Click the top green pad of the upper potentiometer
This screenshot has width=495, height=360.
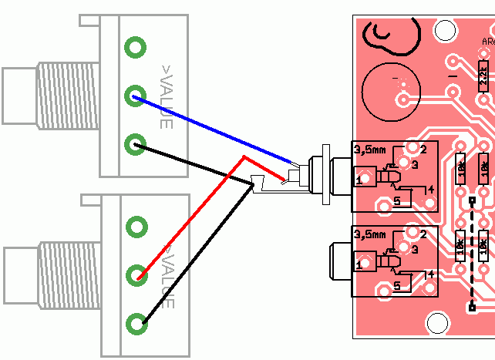[135, 47]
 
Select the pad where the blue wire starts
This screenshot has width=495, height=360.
[135, 96]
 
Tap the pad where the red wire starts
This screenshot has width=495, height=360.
[137, 274]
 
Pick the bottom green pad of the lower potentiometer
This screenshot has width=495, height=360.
[137, 322]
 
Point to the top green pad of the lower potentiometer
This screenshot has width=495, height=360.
[137, 226]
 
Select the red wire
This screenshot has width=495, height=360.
[193, 216]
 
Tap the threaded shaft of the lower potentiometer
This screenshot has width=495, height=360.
[69, 274]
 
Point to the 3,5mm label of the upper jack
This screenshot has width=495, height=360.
[368, 148]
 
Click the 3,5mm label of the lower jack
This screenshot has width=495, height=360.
[368, 233]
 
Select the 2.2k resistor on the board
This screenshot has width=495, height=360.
[483, 75]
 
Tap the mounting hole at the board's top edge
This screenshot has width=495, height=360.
[445, 30]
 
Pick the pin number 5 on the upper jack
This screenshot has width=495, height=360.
[397, 202]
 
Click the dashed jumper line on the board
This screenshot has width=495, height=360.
[471, 254]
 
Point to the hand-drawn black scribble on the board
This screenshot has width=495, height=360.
[393, 37]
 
